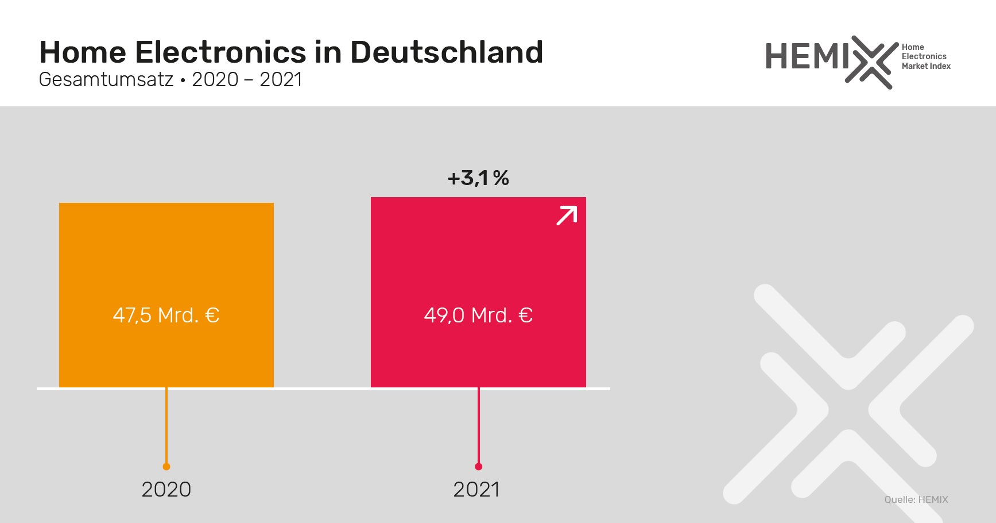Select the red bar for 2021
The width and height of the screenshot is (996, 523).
point(478,259)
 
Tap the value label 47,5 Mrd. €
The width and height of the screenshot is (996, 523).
point(166,315)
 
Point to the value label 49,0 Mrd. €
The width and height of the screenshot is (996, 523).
point(478,315)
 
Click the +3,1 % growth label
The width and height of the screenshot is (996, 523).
point(478,178)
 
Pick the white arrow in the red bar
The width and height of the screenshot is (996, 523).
point(567,216)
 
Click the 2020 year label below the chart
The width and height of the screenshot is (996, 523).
point(166,490)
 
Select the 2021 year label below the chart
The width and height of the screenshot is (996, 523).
point(476,490)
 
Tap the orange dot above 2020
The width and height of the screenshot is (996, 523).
point(166,467)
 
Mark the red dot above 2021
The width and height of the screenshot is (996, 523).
point(479,467)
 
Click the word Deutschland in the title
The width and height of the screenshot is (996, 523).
point(447,52)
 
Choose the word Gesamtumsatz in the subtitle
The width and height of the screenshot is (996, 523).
point(106,79)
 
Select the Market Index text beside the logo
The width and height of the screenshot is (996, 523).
point(926,66)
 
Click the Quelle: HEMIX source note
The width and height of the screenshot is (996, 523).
point(916,499)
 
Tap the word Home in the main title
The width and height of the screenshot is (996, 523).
point(83,52)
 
